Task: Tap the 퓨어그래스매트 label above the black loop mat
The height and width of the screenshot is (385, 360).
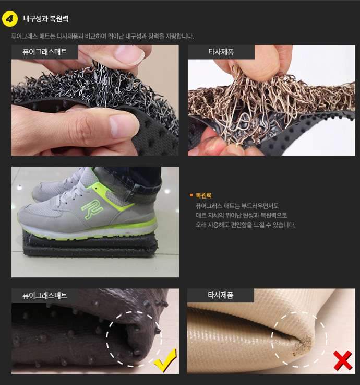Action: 45,52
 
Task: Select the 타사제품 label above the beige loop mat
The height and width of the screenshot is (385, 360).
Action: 220,52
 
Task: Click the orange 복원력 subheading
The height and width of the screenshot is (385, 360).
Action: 203,196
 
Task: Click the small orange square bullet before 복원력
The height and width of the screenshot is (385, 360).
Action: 191,196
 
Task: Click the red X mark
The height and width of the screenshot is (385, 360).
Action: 343,360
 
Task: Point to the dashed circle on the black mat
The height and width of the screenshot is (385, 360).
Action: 134,339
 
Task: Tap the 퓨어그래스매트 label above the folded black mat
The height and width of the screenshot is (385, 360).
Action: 45,295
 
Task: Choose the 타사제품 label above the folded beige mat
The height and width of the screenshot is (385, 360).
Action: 220,295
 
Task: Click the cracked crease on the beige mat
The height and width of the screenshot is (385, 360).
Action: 305,342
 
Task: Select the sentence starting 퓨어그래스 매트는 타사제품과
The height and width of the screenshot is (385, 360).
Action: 102,37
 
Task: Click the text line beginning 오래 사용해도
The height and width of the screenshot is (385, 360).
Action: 245,225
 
